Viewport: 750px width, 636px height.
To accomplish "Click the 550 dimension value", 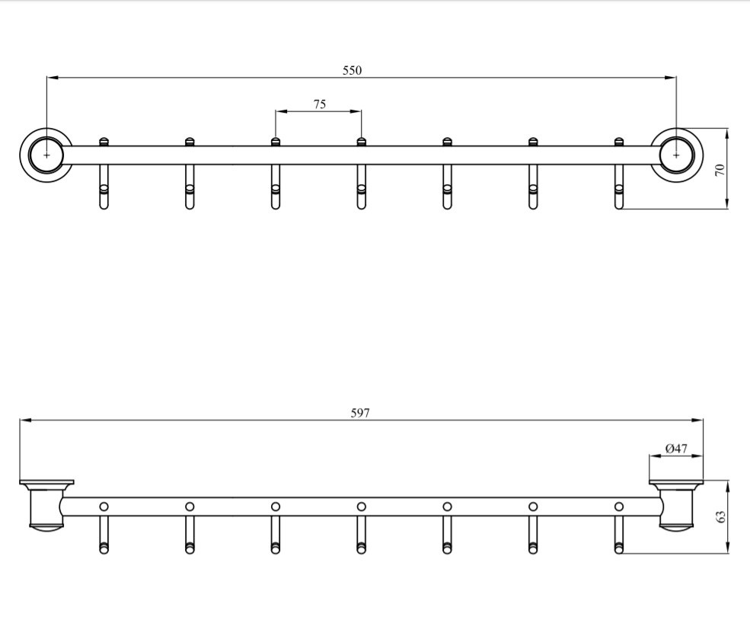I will tap(352, 70).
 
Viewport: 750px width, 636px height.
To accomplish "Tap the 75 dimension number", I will tap(319, 104).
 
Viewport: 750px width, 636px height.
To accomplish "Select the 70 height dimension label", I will tap(720, 169).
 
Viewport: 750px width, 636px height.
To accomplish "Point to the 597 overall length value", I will tap(360, 413).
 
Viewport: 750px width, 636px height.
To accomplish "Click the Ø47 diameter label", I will tap(676, 449).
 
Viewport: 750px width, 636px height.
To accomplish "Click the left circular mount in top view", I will tap(46, 155).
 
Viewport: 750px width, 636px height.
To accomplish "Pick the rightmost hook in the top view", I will tap(619, 183).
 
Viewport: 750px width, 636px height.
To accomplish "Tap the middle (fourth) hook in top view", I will tap(362, 183).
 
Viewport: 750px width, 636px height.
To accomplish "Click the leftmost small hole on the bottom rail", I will tap(104, 506).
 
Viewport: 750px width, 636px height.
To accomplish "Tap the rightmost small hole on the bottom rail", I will tap(619, 506).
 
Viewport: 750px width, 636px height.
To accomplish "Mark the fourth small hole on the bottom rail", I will tap(362, 506).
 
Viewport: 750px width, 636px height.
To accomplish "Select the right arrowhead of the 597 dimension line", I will tap(698, 420).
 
